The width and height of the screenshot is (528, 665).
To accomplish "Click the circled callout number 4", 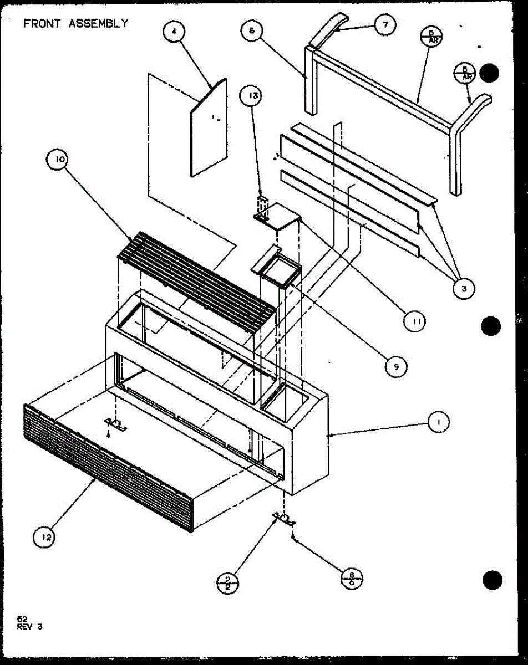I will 174,32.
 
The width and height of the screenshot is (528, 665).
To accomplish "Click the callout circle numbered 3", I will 461,287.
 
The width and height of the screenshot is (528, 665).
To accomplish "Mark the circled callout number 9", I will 395,365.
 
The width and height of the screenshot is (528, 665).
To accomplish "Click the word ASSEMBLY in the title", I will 98,23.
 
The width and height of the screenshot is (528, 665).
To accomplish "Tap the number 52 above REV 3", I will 22,619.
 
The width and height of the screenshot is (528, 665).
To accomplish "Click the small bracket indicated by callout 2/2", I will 284,518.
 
